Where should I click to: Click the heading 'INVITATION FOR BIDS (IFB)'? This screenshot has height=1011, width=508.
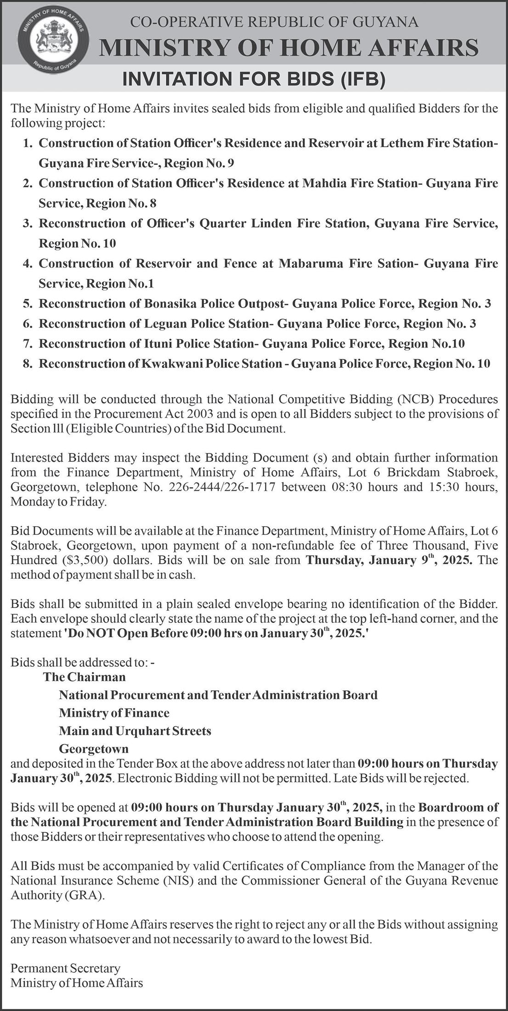254,80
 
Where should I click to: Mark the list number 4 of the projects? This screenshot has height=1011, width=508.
28,264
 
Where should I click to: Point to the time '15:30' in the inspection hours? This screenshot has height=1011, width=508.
440,487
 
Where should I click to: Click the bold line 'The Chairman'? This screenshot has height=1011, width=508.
85,677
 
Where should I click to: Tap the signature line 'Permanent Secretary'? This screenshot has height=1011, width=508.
65,968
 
